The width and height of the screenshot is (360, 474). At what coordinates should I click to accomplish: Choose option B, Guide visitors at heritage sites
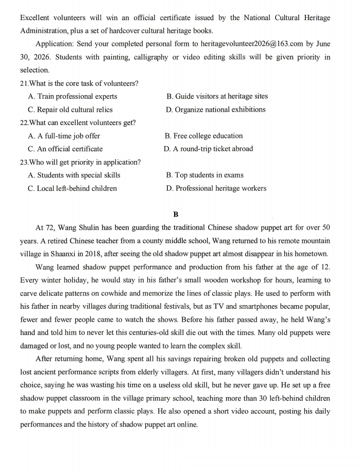(217, 96)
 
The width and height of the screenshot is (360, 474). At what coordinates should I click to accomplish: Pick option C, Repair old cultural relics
(70, 110)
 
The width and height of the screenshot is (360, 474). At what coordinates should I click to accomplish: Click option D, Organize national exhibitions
(216, 110)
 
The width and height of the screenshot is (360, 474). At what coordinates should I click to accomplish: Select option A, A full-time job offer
(64, 136)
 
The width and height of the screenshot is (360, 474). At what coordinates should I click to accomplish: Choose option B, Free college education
(203, 136)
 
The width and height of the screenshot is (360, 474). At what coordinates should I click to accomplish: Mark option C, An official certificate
(65, 149)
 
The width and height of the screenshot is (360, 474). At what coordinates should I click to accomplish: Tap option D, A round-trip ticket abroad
(209, 149)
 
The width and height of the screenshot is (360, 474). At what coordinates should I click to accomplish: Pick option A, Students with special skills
(74, 175)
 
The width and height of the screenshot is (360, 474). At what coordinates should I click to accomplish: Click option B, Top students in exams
(205, 175)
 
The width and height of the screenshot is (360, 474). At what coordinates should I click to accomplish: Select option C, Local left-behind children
(73, 188)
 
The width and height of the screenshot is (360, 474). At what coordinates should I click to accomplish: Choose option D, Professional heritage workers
(216, 188)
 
